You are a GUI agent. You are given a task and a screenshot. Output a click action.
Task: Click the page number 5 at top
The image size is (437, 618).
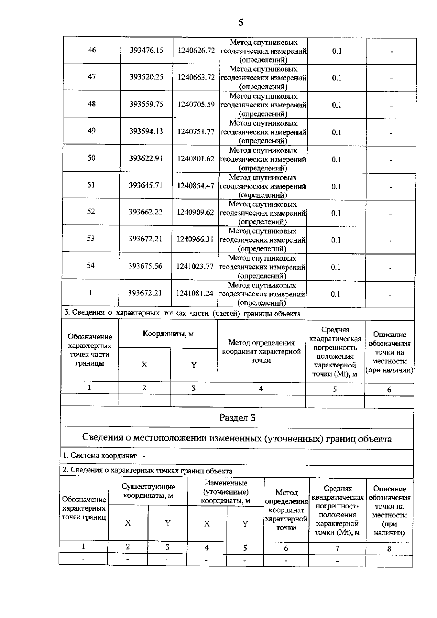click(240, 23)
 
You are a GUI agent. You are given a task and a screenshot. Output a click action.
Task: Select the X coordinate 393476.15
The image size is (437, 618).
click(146, 50)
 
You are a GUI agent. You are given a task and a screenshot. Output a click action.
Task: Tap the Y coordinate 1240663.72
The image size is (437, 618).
click(196, 77)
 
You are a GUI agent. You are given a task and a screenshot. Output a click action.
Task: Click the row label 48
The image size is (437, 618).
click(92, 104)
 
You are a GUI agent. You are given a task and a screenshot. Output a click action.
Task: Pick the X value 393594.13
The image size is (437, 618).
click(146, 131)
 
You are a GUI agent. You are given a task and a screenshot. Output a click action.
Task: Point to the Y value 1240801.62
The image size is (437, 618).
click(196, 159)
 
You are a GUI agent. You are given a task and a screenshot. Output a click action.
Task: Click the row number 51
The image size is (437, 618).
click(91, 185)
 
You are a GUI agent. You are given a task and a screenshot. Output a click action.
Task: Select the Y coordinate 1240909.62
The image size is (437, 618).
click(195, 212)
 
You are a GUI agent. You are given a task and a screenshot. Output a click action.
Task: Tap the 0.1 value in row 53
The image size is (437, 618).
click(335, 240)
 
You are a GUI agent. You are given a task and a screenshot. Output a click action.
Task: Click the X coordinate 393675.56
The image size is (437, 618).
click(145, 266)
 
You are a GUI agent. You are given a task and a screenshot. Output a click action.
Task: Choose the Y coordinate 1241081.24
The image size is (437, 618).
click(194, 293)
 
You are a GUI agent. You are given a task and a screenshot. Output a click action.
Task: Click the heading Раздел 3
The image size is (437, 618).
click(237, 418)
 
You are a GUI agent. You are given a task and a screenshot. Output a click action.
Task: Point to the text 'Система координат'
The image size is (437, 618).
click(103, 456)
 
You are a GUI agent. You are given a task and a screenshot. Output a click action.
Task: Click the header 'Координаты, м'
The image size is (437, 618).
click(168, 334)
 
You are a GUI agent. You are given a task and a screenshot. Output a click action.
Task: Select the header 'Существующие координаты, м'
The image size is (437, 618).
click(148, 491)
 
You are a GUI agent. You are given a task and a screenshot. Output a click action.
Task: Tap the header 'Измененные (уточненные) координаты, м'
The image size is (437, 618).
click(226, 492)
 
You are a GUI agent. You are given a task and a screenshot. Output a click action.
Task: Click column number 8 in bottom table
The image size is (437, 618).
click(389, 549)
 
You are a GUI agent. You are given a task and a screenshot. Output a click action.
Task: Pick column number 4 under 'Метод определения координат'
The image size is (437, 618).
click(261, 389)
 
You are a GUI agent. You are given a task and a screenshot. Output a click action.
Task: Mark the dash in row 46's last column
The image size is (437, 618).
click(391, 52)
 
